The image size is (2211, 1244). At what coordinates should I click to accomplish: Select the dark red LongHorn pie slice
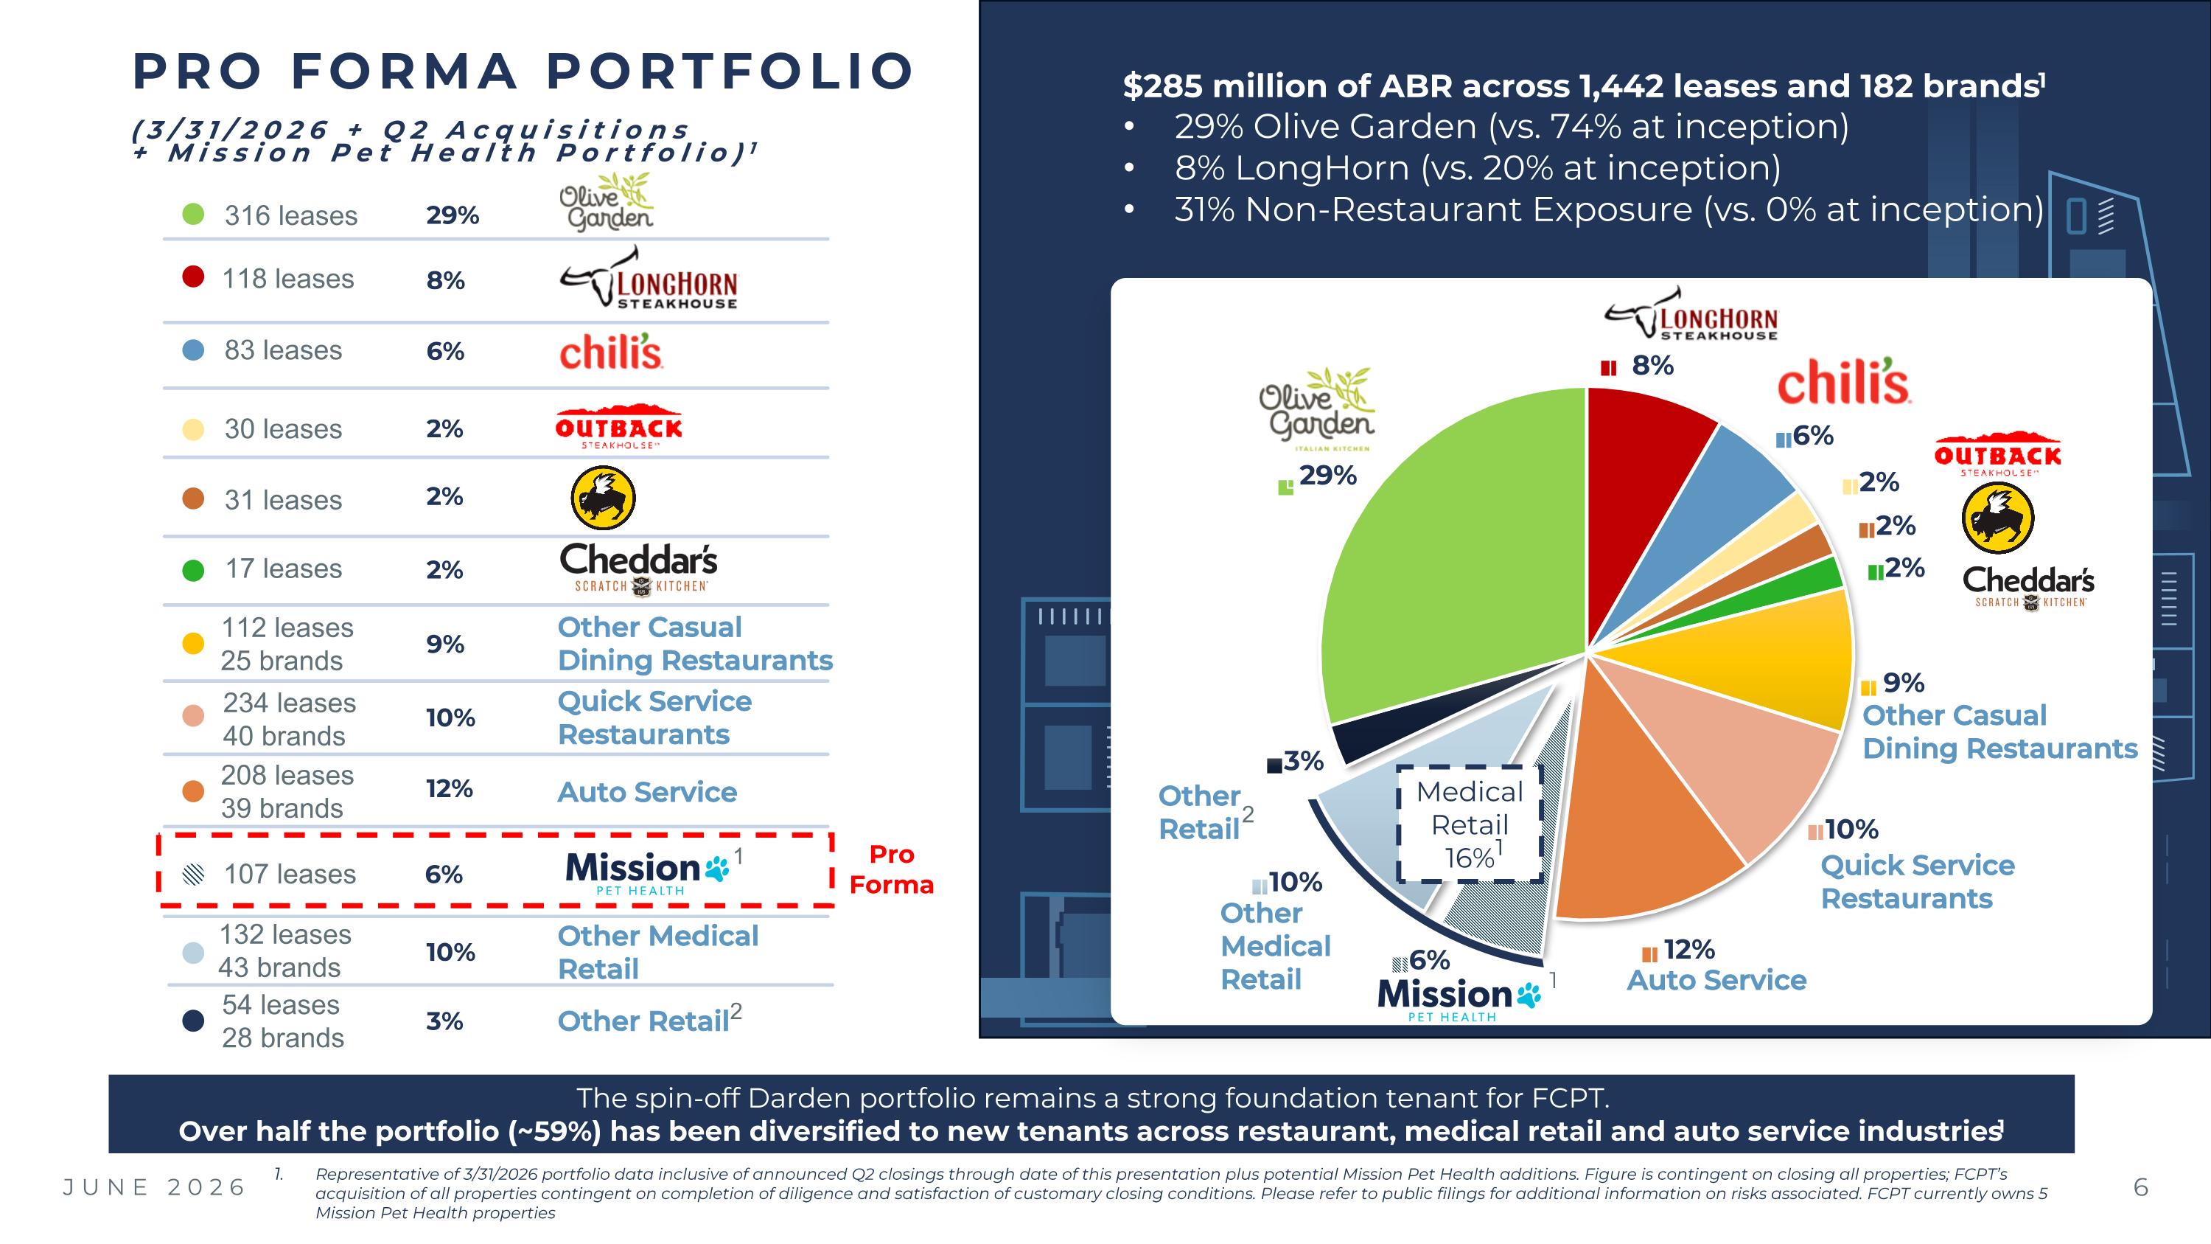pos(1639,481)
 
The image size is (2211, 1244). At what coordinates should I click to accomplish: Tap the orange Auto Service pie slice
pos(1631,824)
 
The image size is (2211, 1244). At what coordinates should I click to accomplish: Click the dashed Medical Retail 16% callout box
pos(1470,824)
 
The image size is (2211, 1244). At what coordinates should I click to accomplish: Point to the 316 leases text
pos(291,215)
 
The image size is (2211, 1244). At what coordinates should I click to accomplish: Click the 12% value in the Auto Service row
pos(449,789)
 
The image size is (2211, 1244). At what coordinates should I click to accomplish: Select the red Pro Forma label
pos(891,869)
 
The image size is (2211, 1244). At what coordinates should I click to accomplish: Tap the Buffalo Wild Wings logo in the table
pos(604,498)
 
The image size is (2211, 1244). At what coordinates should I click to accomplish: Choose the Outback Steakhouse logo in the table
pos(619,425)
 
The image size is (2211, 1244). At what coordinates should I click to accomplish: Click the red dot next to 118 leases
pos(193,277)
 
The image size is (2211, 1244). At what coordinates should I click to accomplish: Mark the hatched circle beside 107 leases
pos(194,874)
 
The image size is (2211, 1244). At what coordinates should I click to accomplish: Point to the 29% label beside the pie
pos(1327,475)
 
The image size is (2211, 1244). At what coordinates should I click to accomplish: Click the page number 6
pos(2141,1187)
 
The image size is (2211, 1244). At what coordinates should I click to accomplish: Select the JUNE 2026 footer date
pos(155,1187)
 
